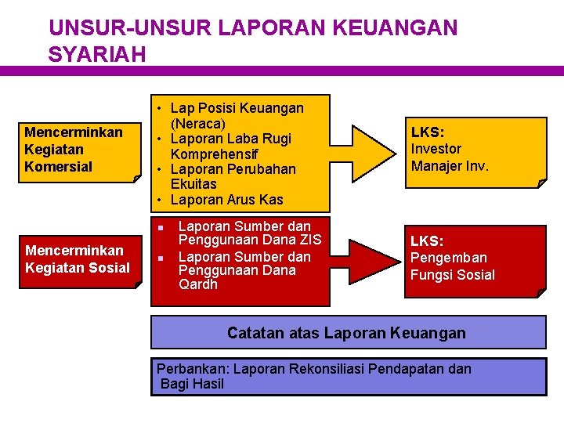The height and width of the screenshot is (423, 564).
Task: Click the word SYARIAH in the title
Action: (97, 54)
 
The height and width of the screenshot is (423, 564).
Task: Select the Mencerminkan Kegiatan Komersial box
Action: (74, 149)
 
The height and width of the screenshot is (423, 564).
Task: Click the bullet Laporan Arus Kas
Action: (226, 200)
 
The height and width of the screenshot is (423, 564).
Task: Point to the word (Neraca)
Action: (198, 124)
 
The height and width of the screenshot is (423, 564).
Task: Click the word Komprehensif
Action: (209, 154)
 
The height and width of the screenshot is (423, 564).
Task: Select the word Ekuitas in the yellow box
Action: (193, 184)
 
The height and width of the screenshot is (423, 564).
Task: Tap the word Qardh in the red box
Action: (198, 284)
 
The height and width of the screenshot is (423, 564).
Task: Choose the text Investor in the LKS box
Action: (436, 149)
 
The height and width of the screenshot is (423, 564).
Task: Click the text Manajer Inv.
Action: (450, 166)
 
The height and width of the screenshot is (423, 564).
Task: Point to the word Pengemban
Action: (449, 258)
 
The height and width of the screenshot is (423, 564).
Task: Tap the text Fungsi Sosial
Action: (453, 275)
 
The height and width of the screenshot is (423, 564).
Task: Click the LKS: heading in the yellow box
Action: (428, 132)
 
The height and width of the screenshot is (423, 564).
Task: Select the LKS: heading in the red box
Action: (428, 241)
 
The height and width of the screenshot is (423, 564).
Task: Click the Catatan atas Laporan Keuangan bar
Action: (347, 333)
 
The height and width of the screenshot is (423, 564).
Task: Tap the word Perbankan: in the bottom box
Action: (193, 368)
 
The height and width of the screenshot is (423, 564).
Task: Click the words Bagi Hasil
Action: (192, 384)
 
